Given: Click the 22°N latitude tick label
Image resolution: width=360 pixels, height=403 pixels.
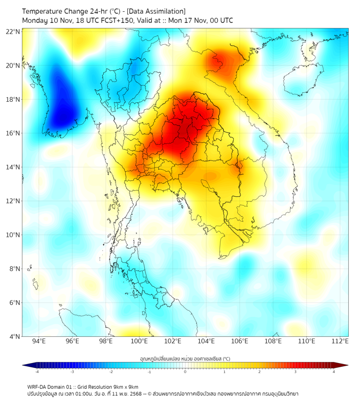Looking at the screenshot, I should (13, 31).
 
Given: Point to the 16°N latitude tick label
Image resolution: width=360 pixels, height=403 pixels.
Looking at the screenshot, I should (13, 133).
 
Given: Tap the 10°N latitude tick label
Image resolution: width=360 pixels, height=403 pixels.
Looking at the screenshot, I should (13, 235).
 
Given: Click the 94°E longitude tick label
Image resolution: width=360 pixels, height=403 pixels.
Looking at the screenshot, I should (39, 342).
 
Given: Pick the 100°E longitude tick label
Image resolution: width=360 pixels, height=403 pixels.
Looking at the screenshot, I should (139, 342).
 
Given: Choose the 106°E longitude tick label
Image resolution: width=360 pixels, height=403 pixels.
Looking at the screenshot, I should (240, 342).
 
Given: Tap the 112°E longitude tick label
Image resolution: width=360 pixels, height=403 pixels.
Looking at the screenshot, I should (340, 342).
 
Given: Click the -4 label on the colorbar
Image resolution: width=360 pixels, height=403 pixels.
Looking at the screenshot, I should (37, 372).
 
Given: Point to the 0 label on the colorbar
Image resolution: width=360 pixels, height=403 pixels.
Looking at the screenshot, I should (185, 372).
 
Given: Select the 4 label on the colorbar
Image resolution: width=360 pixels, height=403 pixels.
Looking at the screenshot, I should (333, 372).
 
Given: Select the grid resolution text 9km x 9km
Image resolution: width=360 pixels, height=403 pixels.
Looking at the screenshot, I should (124, 386).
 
